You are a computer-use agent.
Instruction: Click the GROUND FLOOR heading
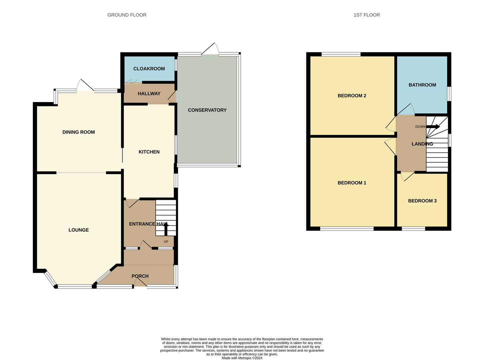(127, 15)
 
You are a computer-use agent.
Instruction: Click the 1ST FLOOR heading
(367, 15)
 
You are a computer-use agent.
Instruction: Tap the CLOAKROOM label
(149, 69)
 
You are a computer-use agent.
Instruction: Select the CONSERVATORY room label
(207, 110)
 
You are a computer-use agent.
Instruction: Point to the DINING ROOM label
(79, 132)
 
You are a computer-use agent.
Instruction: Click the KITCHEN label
(149, 152)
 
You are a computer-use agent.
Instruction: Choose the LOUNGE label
(79, 230)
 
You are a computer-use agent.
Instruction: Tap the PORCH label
(140, 276)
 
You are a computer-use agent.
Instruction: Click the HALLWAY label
(149, 94)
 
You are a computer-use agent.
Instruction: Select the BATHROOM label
(422, 85)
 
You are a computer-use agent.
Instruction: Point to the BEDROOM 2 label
(352, 96)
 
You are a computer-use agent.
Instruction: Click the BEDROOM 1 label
(352, 183)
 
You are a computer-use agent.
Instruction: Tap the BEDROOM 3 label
(422, 201)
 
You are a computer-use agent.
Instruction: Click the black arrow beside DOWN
(433, 127)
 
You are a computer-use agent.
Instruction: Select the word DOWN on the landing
(420, 127)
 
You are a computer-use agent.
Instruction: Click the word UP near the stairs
(166, 242)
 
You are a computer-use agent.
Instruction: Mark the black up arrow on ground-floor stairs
(166, 229)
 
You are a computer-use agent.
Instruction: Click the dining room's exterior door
(85, 85)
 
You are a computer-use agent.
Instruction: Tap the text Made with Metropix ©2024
(242, 358)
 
